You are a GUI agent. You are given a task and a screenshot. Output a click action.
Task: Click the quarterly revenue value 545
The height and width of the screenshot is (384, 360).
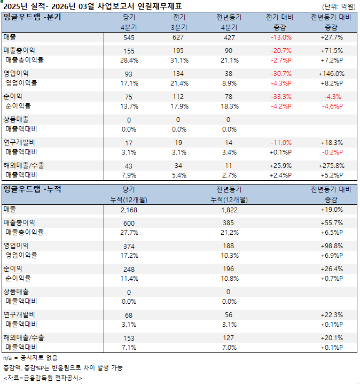pyautogui.click(x=129, y=37)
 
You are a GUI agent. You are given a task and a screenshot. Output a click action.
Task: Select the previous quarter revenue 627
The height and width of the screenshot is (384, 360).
pyautogui.click(x=178, y=37)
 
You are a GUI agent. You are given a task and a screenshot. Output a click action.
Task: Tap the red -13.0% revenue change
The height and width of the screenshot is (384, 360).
pyautogui.click(x=281, y=37)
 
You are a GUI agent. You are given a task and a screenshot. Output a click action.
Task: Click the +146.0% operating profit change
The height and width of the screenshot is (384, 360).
pyautogui.click(x=331, y=73)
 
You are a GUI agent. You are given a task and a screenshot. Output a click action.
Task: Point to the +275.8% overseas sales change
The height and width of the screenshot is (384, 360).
pyautogui.click(x=331, y=166)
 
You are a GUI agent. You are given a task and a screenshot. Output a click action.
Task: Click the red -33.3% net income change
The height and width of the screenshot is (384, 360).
pyautogui.click(x=281, y=97)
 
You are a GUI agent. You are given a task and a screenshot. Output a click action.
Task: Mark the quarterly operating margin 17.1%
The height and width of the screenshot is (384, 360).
pyautogui.click(x=129, y=83)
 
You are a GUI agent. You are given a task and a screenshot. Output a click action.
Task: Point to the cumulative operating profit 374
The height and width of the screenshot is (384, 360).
pyautogui.click(x=129, y=245)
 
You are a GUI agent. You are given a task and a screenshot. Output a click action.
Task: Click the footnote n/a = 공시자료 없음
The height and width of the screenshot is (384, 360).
pyautogui.click(x=30, y=357)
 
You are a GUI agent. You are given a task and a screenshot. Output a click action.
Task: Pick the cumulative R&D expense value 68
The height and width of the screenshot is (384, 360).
pyautogui.click(x=129, y=315)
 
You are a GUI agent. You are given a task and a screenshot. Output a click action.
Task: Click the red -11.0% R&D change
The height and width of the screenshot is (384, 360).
pyautogui.click(x=281, y=143)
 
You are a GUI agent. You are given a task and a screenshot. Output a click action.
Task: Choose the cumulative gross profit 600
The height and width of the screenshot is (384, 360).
pyautogui.click(x=129, y=222)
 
